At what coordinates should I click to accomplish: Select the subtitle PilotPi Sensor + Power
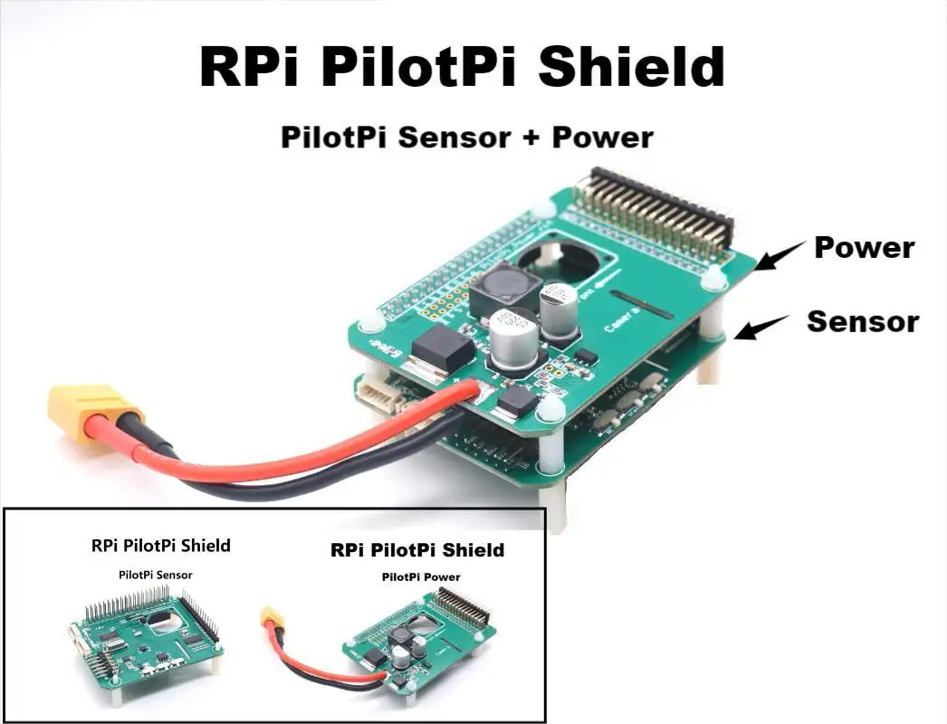pyautogui.click(x=467, y=138)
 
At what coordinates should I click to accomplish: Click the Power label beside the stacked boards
pyautogui.click(x=864, y=247)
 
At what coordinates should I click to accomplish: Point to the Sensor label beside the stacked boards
pyautogui.click(x=863, y=321)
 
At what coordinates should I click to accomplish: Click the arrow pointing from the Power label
pyautogui.click(x=780, y=255)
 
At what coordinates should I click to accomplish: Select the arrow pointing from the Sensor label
pyautogui.click(x=760, y=327)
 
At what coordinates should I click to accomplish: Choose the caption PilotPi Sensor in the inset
pyautogui.click(x=155, y=575)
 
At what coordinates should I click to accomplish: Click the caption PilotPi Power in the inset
pyautogui.click(x=420, y=576)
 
